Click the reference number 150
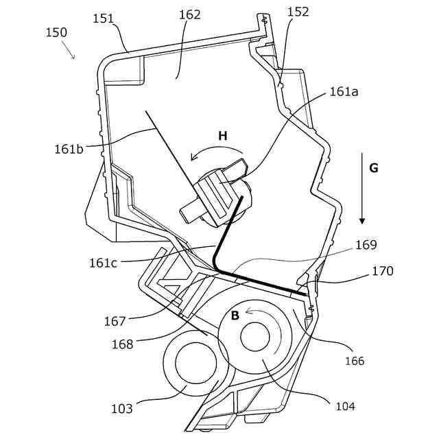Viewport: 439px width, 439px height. pyautogui.click(x=56, y=32)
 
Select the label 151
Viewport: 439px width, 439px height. pyautogui.click(x=104, y=19)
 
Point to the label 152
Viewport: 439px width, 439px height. pyautogui.click(x=298, y=12)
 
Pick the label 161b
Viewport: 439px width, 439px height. pyautogui.click(x=69, y=147)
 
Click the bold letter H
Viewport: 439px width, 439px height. pyautogui.click(x=222, y=136)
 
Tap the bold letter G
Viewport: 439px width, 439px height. pyautogui.click(x=373, y=168)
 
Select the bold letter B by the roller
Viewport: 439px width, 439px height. pyautogui.click(x=235, y=316)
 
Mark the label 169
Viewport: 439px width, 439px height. pyautogui.click(x=366, y=245)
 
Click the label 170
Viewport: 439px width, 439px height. pyautogui.click(x=383, y=271)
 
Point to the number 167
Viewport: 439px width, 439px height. pyautogui.click(x=115, y=321)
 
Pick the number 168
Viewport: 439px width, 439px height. pyautogui.click(x=123, y=344)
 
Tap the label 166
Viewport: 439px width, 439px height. pyautogui.click(x=355, y=361)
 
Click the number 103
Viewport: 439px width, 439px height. pyautogui.click(x=122, y=409)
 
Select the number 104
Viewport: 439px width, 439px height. pyautogui.click(x=345, y=406)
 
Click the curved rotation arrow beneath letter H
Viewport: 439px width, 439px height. pyautogui.click(x=216, y=152)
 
